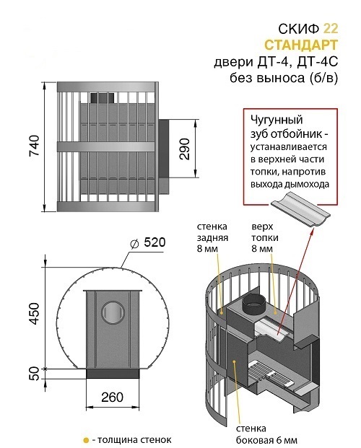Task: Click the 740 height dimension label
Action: (34, 146)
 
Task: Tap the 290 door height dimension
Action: (185, 149)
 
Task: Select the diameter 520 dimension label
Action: (147, 243)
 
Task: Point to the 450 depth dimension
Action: (35, 313)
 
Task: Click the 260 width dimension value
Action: (112, 398)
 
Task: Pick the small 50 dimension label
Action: (35, 374)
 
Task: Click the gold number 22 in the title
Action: (331, 28)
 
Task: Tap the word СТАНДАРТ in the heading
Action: (301, 45)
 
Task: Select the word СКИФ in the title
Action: (299, 28)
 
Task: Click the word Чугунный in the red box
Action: (277, 120)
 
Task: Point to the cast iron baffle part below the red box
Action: (300, 210)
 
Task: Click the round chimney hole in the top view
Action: (113, 312)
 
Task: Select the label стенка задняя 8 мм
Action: (212, 237)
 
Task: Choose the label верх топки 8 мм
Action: (265, 237)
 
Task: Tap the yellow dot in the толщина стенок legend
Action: (85, 440)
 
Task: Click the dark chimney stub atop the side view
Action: (102, 98)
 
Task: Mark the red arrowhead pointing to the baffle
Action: (310, 231)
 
